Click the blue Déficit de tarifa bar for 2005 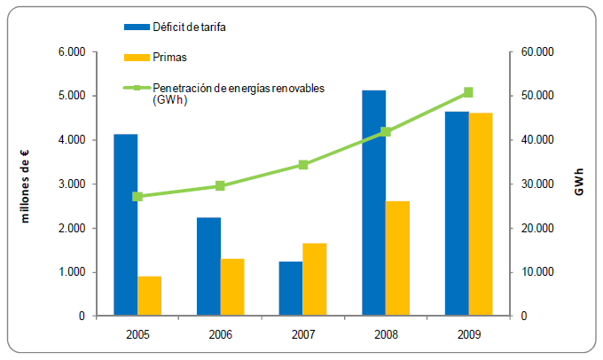coord(126,225)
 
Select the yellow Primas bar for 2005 coord(150,296)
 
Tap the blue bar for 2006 coord(208,267)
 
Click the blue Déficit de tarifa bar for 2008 coord(373,203)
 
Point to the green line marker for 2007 coord(303,165)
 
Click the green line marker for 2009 coord(468,92)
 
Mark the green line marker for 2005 coord(137,196)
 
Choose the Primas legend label coord(168,58)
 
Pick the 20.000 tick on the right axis coord(537,229)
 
